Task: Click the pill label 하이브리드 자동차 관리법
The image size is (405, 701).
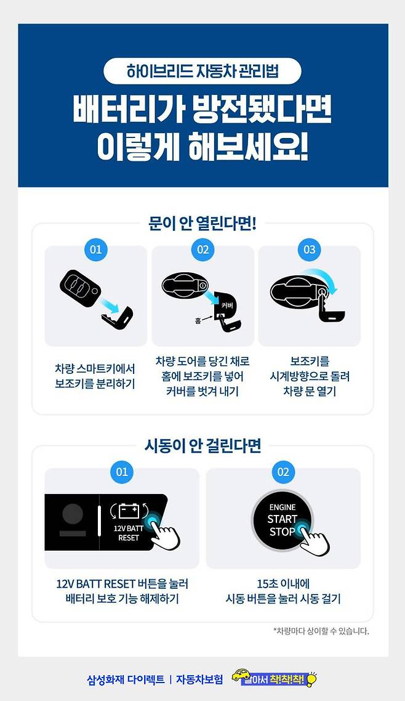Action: (x=202, y=71)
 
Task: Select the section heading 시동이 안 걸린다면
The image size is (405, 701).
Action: (x=202, y=446)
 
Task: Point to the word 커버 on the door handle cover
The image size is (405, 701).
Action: (x=227, y=306)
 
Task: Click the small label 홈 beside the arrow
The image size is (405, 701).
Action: (x=198, y=320)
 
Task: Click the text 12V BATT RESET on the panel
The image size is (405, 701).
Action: (x=129, y=533)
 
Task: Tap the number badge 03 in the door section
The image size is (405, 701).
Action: (x=310, y=249)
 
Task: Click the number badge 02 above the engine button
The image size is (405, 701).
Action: (x=283, y=472)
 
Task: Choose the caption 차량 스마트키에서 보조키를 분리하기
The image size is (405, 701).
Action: (x=95, y=376)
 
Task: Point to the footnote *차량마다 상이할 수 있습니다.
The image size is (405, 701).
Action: (x=321, y=631)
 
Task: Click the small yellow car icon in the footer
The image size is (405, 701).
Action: (x=241, y=675)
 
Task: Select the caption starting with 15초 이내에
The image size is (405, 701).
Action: (x=283, y=591)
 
